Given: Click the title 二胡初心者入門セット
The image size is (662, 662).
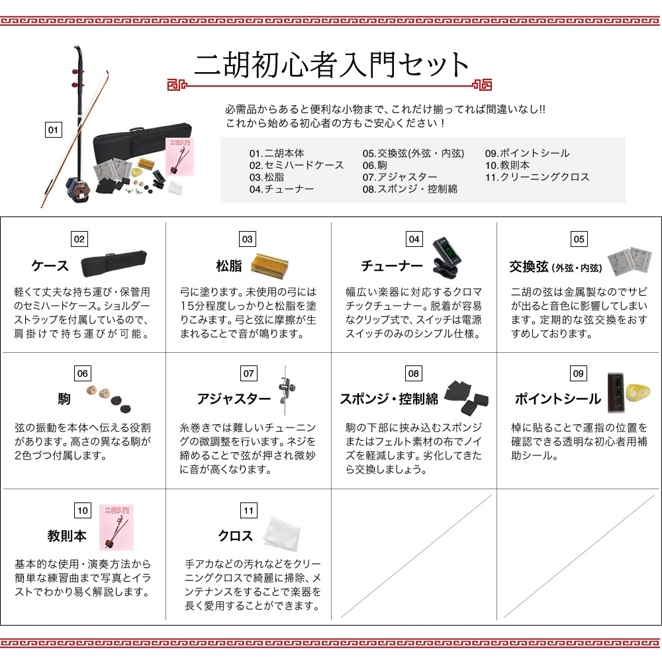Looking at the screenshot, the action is click(x=332, y=65).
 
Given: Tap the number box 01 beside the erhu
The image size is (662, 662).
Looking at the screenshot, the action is click(x=53, y=130).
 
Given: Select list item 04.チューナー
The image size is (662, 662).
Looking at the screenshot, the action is click(x=281, y=189).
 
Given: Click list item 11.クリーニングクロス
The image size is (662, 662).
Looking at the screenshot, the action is click(x=537, y=177).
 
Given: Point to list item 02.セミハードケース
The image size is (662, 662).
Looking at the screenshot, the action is click(x=297, y=165).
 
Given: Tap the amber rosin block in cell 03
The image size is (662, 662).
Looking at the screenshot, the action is click(x=269, y=265).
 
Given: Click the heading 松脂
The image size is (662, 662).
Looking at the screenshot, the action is click(x=229, y=266).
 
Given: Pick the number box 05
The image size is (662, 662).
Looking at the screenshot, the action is click(x=579, y=239).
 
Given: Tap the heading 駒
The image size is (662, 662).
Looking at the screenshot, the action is click(x=64, y=399).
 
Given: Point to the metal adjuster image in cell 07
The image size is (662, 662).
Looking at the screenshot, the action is click(x=286, y=391).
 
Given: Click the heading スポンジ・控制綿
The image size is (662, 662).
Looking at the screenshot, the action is click(x=389, y=399).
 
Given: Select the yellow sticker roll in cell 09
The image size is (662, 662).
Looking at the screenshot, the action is click(x=638, y=393).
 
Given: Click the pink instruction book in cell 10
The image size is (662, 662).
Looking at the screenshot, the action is click(x=117, y=528).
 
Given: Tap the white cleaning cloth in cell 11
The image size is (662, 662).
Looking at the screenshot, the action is click(x=283, y=534).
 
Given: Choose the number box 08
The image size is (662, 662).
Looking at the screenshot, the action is click(x=413, y=373).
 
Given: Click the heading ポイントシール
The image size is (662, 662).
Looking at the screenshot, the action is click(x=557, y=399).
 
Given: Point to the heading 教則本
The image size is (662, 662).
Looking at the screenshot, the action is click(x=67, y=536).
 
